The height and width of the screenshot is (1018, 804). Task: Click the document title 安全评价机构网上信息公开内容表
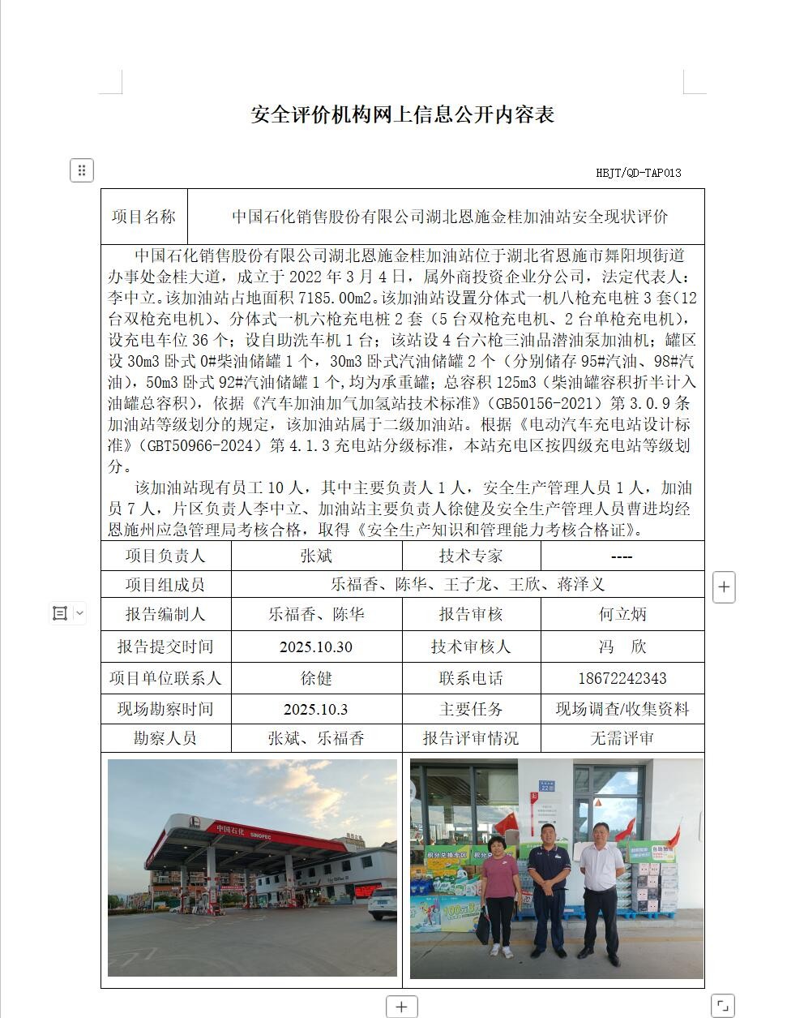402,114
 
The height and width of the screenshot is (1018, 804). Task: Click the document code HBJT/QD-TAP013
638,173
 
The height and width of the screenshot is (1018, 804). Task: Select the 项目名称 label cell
143,217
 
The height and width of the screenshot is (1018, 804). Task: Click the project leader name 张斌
316,556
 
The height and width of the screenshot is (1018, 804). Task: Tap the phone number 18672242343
622,678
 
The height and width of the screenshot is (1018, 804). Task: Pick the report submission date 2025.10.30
316,646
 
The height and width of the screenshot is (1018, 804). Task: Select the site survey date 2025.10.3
316,709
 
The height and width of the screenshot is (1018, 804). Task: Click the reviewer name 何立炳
622,614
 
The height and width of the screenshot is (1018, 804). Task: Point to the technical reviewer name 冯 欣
622,646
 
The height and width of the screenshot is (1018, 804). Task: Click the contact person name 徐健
316,678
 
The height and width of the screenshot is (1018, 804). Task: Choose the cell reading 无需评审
622,738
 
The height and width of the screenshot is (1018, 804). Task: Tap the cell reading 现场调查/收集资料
622,709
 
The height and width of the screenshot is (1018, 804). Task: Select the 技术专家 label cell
471,556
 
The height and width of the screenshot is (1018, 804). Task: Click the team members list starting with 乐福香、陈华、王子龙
468,584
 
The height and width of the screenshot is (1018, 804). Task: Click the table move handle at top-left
81,170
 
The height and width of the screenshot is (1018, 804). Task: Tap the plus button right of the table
724,586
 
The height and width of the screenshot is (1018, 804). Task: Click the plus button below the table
401,1007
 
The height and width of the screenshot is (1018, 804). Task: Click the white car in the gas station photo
383,903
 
